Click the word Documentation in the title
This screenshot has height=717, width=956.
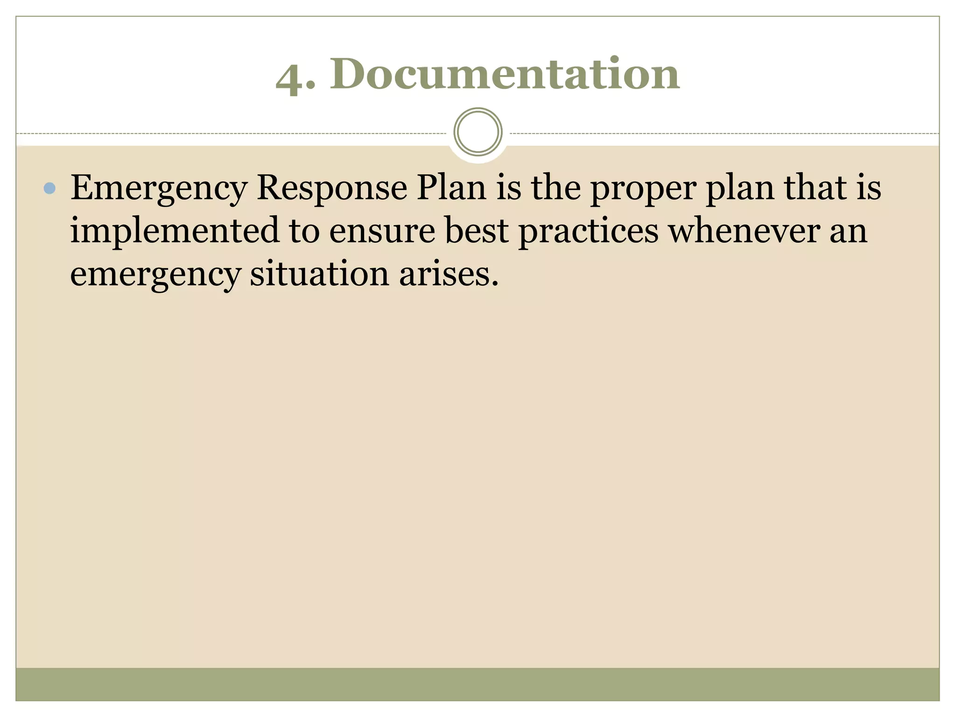click(x=505, y=74)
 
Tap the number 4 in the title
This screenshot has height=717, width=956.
click(x=288, y=77)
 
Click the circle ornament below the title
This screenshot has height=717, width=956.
click(x=478, y=132)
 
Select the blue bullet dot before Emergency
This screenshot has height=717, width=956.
click(x=49, y=188)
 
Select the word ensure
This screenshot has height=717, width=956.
click(x=382, y=231)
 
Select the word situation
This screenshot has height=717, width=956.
click(x=319, y=274)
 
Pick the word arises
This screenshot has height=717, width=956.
click(x=449, y=274)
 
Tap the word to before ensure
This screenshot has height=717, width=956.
click(x=304, y=231)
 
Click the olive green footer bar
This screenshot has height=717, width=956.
click(x=478, y=684)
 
